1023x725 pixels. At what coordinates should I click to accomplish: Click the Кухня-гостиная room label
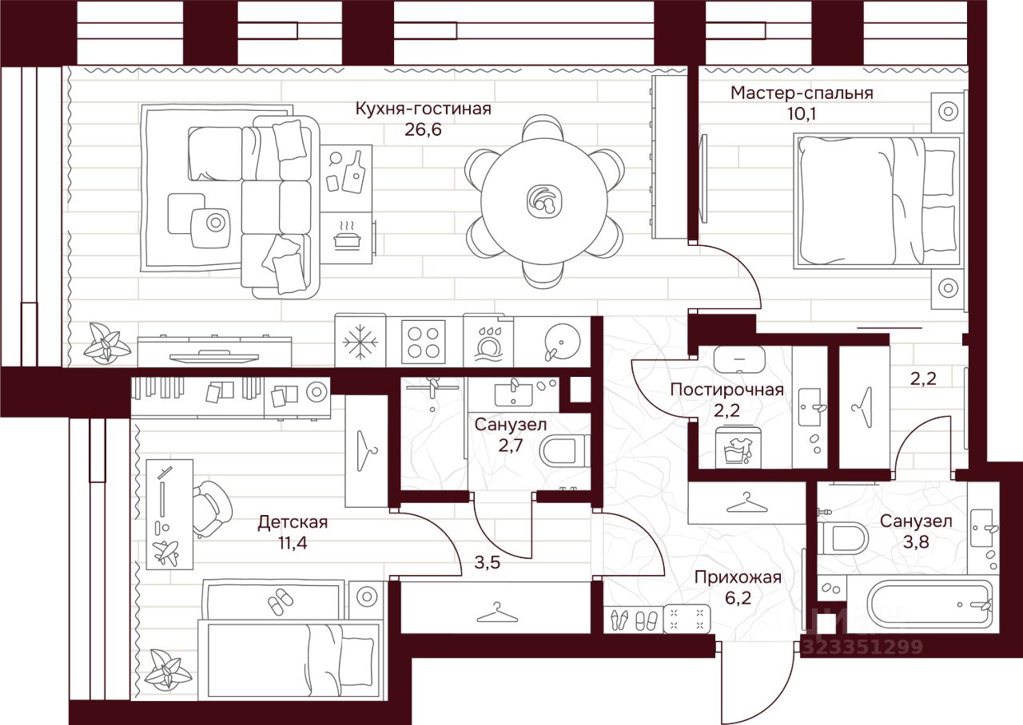[423, 109]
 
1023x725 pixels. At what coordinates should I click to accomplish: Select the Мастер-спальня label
[802, 93]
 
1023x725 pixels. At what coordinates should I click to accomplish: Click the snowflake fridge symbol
[360, 341]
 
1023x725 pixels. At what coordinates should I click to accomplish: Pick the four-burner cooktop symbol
[423, 341]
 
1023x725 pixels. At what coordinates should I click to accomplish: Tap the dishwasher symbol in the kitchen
[488, 342]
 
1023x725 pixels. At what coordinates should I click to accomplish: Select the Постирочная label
[726, 390]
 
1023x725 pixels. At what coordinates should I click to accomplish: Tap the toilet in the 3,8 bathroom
[842, 538]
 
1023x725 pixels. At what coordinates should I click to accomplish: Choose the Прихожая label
[737, 577]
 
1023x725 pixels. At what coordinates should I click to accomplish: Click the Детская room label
[293, 522]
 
